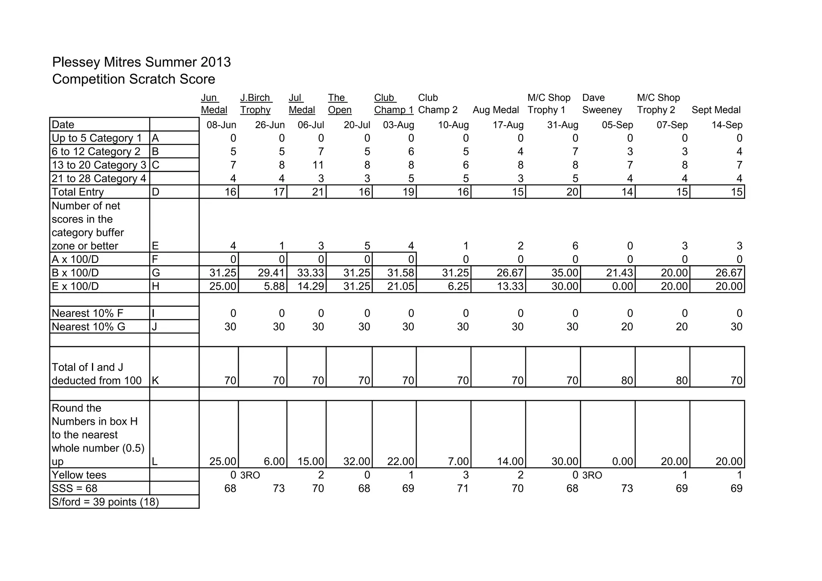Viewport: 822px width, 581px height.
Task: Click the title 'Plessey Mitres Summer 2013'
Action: [x=141, y=62]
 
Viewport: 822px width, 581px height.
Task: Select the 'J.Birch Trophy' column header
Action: [x=256, y=104]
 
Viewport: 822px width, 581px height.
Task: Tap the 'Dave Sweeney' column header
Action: [x=602, y=104]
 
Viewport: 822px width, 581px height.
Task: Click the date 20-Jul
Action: [x=356, y=125]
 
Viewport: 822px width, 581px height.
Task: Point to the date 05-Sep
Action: [x=617, y=125]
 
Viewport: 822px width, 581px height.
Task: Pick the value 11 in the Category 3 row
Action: [x=318, y=165]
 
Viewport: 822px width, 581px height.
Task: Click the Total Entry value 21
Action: [x=317, y=192]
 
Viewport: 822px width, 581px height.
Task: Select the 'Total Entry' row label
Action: [x=78, y=192]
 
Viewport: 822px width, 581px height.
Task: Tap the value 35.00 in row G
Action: [x=564, y=273]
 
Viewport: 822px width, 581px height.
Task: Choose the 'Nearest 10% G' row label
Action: [x=88, y=327]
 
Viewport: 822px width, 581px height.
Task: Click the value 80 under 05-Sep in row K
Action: [x=627, y=380]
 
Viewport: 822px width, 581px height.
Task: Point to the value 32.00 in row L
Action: [x=356, y=461]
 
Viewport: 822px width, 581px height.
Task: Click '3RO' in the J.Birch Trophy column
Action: [x=250, y=475]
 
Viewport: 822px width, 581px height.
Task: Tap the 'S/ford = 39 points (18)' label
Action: [x=105, y=502]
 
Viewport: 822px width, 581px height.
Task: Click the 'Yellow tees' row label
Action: [x=79, y=475]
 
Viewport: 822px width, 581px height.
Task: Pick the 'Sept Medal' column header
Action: [x=716, y=110]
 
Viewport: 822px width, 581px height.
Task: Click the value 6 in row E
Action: [x=575, y=246]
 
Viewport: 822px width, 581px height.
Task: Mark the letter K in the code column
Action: [x=155, y=380]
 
